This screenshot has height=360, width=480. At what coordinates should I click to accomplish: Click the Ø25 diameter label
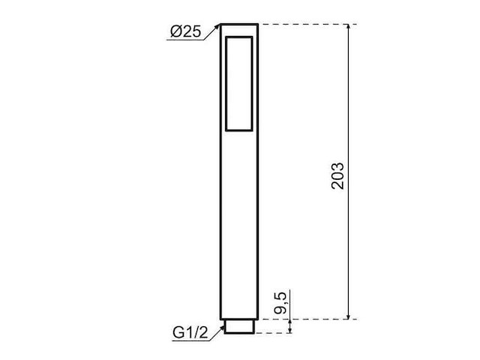(186, 32)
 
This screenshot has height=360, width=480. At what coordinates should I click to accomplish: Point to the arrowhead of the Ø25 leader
(218, 26)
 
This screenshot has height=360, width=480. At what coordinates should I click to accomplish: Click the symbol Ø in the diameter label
(175, 32)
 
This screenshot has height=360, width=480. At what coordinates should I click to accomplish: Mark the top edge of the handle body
(239, 24)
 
